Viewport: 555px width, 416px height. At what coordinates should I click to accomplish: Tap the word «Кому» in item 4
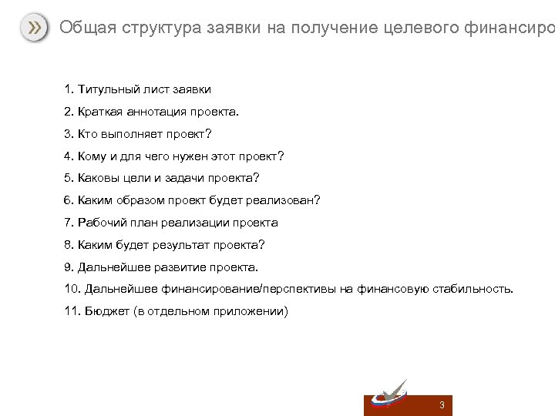pyautogui.click(x=93, y=156)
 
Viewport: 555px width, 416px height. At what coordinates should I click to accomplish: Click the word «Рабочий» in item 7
pyautogui.click(x=103, y=223)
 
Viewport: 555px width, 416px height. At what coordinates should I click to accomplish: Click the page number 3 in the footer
pyautogui.click(x=442, y=405)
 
